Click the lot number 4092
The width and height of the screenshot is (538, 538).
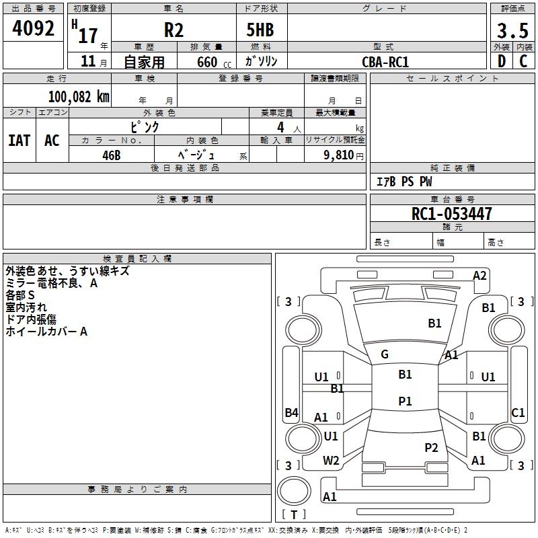click(34, 29)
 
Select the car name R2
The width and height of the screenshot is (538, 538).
click(174, 30)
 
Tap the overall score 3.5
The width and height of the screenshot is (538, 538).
click(511, 30)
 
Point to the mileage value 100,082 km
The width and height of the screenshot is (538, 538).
click(78, 96)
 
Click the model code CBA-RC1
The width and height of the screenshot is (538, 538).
click(385, 61)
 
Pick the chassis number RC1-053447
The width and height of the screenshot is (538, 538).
click(452, 214)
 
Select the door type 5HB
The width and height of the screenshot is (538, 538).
click(262, 30)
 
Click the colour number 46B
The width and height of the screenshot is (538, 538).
click(112, 155)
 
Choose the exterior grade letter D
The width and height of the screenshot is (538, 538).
click(501, 61)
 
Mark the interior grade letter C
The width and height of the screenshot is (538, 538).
click(523, 61)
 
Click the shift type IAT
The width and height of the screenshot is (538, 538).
click(19, 141)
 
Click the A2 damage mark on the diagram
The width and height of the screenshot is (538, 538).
click(479, 275)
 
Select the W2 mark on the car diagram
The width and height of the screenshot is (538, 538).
click(331, 461)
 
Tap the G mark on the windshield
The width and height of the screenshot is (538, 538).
click(384, 354)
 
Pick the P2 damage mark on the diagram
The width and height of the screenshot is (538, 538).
click(431, 447)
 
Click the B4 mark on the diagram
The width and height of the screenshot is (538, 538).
click(291, 413)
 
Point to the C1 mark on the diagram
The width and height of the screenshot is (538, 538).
click(518, 413)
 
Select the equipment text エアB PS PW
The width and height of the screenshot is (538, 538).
click(403, 182)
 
